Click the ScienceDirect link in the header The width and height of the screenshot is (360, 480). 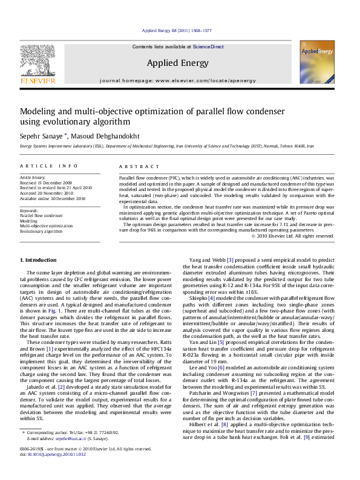coord(208,47)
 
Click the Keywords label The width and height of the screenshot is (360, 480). coord(29,210)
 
